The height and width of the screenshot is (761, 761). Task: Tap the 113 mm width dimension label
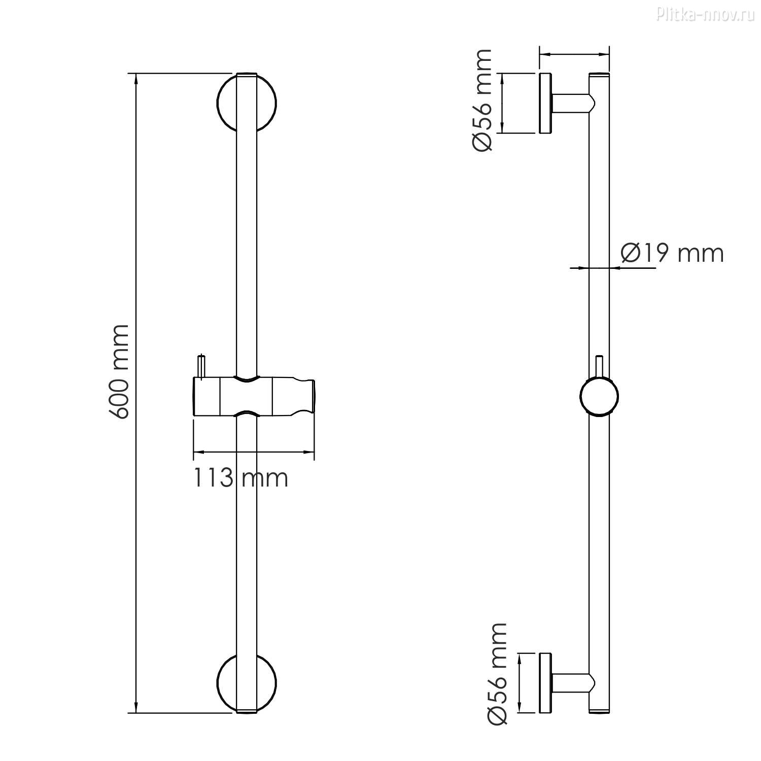240,478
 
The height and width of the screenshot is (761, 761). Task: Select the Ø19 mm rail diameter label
673,253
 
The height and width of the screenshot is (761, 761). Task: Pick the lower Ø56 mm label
497,674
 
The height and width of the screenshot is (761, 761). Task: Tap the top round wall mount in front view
247,103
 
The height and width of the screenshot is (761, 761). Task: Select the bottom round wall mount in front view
247,683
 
